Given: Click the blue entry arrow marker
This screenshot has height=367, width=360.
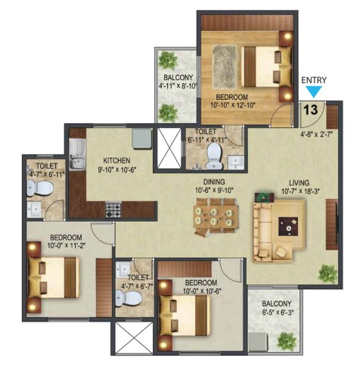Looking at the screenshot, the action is pyautogui.click(x=313, y=92).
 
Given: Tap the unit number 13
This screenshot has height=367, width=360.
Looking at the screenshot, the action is pyautogui.click(x=311, y=110).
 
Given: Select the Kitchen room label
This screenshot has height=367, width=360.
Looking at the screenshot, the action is pyautogui.click(x=116, y=160).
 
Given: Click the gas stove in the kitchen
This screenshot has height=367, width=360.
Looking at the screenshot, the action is pyautogui.click(x=113, y=209).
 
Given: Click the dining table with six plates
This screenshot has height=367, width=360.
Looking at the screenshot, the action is pyautogui.click(x=216, y=216).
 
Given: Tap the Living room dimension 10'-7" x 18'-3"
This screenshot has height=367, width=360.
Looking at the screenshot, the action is pyautogui.click(x=300, y=191).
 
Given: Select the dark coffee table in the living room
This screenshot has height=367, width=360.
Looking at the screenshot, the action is pyautogui.click(x=288, y=226).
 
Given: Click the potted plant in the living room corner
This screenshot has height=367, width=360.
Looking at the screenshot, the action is pyautogui.click(x=327, y=273).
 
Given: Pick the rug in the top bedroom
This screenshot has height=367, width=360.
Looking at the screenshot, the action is pyautogui.click(x=225, y=67).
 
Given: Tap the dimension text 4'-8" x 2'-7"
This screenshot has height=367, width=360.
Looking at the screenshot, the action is pyautogui.click(x=316, y=134).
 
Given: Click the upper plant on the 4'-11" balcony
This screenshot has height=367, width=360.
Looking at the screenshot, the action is pyautogui.click(x=168, y=61).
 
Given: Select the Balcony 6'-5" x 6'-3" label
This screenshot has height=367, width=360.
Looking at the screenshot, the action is pyautogui.click(x=276, y=308).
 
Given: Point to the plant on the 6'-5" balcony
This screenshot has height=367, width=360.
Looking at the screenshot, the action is pyautogui.click(x=287, y=341).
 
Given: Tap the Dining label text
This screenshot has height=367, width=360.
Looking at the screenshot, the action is pyautogui.click(x=214, y=182).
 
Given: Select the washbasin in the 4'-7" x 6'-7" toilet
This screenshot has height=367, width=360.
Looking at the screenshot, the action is pyautogui.click(x=123, y=269).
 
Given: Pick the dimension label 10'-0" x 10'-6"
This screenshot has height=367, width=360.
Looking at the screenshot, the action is pyautogui.click(x=202, y=291).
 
